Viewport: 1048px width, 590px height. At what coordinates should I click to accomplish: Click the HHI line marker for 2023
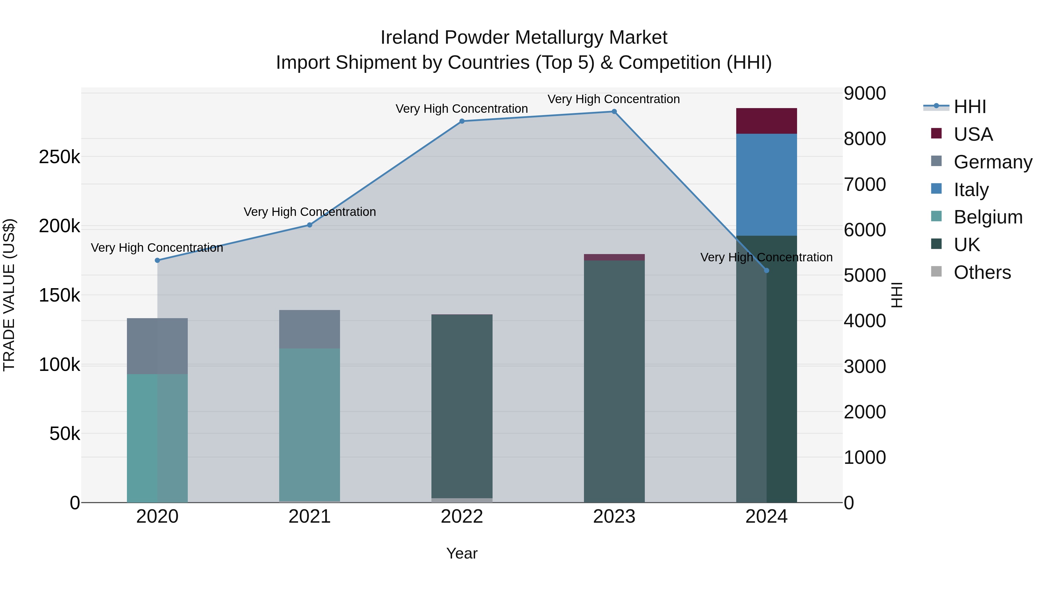click(x=614, y=112)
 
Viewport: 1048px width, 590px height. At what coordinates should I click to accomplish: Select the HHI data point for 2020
click(x=157, y=260)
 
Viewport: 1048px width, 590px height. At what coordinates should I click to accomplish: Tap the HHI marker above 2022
click(x=462, y=121)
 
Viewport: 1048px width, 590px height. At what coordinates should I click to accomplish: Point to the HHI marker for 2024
click(x=766, y=270)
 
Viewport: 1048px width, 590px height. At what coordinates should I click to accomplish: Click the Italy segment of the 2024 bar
click(x=766, y=184)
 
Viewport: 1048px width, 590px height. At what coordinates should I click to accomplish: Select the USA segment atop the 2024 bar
click(x=766, y=121)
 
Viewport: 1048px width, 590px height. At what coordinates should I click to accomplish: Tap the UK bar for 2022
click(x=462, y=406)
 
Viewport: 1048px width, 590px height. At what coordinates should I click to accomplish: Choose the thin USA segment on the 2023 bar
click(x=614, y=257)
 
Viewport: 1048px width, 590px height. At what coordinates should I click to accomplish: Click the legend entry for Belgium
click(x=987, y=217)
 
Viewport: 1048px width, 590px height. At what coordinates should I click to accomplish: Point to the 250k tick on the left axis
click(x=59, y=157)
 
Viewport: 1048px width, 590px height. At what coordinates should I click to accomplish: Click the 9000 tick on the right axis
click(x=865, y=93)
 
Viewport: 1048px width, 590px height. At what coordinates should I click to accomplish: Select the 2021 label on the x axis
click(x=310, y=517)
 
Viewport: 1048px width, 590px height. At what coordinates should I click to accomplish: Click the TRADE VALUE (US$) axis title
click(x=9, y=295)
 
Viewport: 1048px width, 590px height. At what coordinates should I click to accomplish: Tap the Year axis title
click(x=462, y=553)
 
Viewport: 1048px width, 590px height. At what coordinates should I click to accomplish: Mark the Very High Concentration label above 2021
click(x=310, y=212)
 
